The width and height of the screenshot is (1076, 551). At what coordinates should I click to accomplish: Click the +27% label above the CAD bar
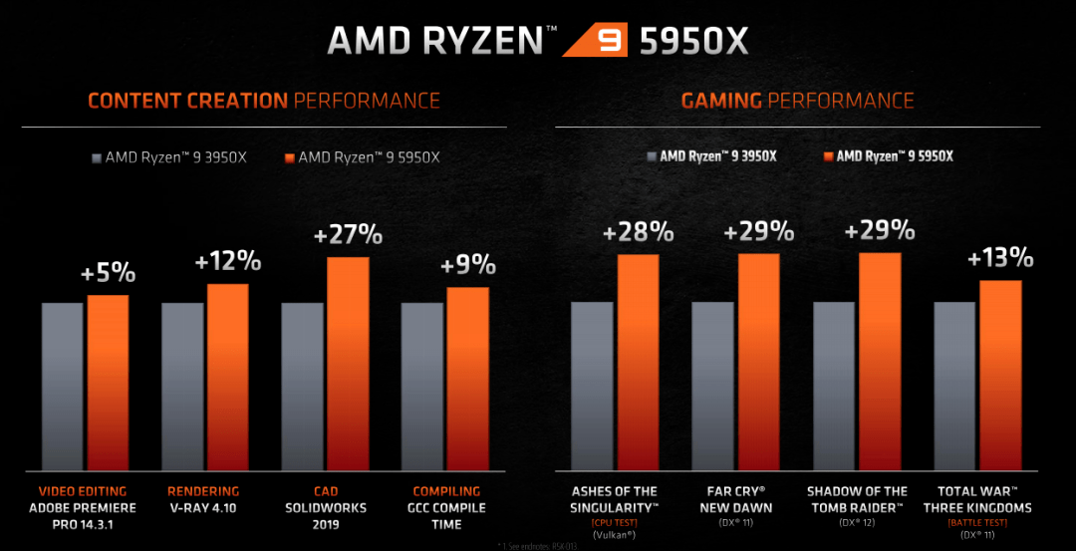pyautogui.click(x=347, y=235)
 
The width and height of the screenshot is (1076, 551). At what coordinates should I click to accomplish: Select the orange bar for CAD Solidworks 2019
pyautogui.click(x=348, y=364)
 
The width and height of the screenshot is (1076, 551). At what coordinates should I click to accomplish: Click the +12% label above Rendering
pyautogui.click(x=228, y=262)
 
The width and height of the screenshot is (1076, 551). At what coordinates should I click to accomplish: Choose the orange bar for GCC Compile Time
pyautogui.click(x=467, y=379)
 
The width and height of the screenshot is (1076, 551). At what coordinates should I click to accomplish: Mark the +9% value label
pyautogui.click(x=467, y=265)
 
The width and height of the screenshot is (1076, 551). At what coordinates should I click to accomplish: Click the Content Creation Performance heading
pyautogui.click(x=264, y=101)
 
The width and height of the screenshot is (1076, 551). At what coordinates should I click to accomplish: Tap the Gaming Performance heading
pyautogui.click(x=797, y=101)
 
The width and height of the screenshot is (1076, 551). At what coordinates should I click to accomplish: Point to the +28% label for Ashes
pyautogui.click(x=638, y=233)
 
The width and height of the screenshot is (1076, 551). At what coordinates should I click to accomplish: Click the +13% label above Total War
pyautogui.click(x=1000, y=258)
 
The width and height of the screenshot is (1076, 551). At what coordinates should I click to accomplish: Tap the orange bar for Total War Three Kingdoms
pyautogui.click(x=1000, y=375)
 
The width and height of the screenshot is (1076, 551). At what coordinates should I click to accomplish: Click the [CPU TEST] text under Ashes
pyautogui.click(x=615, y=523)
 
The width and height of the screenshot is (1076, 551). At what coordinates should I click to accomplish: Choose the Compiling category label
pyautogui.click(x=446, y=491)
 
